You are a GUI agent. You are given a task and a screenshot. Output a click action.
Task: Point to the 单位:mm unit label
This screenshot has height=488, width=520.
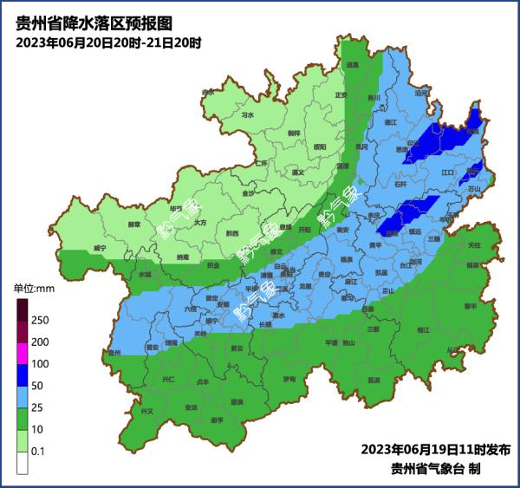[x=34, y=287]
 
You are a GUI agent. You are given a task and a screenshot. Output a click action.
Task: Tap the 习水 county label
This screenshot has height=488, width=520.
[x=248, y=114]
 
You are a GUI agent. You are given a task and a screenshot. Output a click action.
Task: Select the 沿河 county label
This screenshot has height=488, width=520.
[x=422, y=93]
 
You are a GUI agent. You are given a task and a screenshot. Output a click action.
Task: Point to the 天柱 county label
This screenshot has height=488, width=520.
[x=474, y=245]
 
